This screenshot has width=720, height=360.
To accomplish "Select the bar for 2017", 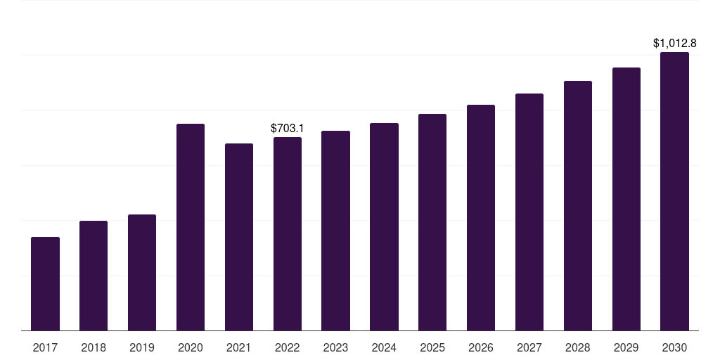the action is coord(46,284).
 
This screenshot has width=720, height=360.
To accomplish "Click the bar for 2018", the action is coord(94,276).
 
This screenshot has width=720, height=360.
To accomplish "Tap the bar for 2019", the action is coord(142,272).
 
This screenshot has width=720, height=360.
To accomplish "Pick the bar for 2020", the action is coord(191,227).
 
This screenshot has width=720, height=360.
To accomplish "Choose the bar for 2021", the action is coord(239,237).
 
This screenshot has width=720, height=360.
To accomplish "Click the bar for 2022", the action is coord(288,233).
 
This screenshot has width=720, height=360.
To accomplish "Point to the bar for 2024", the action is coord(385,227).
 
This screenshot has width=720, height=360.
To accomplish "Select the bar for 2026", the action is coord(481,218).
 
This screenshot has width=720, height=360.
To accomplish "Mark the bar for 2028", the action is coord(578,206).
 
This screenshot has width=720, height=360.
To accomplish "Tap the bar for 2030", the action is coord(674,191).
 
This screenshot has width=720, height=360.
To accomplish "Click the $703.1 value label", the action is coord(288,129).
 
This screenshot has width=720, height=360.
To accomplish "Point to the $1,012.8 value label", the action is coord(674,44).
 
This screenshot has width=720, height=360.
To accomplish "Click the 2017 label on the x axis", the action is coord(46,347).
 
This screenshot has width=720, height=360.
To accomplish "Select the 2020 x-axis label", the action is coord(191,347).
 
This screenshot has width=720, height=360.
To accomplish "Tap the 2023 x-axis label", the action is coord(335,347).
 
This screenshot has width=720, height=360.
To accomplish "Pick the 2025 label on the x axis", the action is coord(432,347).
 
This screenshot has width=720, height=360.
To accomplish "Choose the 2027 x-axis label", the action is coord(529,347).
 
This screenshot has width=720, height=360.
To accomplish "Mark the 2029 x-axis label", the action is coord(626,347).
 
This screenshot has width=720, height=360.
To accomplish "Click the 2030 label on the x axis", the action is coord(674,347).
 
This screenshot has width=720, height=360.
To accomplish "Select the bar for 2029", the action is coord(626,199).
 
